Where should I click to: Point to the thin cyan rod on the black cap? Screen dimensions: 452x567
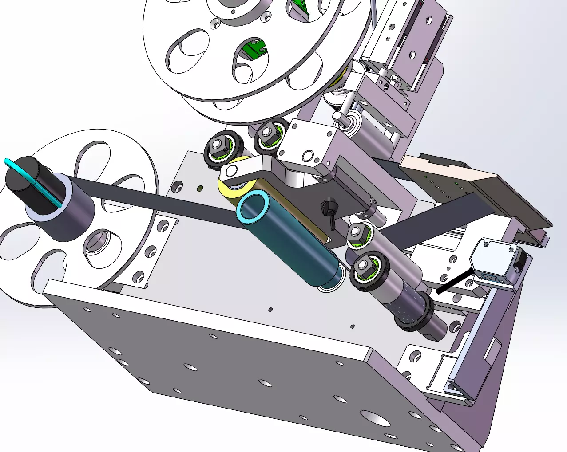point(33,182)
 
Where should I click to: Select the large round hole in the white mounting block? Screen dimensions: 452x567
point(307,155)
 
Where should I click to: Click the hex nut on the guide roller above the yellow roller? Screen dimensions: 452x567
point(218,145)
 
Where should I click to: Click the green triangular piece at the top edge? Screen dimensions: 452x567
point(302,9)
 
